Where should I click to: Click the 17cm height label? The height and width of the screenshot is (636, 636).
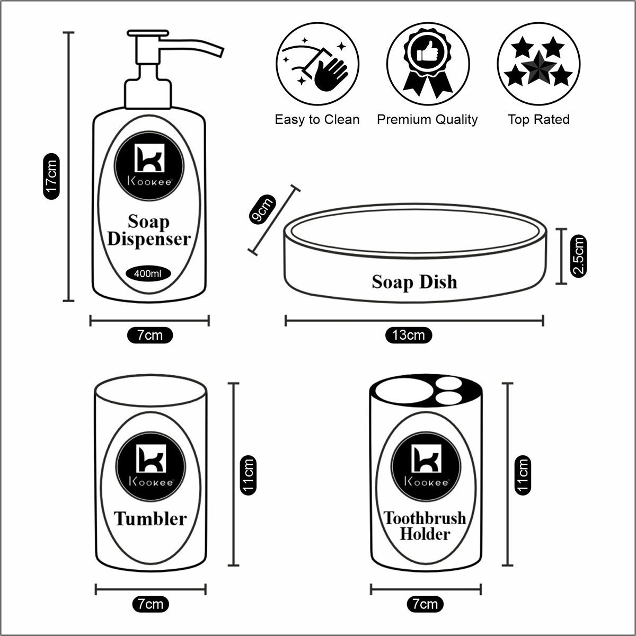click(x=51, y=176)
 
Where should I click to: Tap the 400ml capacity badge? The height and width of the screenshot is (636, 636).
click(x=152, y=274)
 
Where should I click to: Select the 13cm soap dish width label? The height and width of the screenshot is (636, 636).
click(x=409, y=335)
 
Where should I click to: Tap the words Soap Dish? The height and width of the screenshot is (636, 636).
click(x=414, y=281)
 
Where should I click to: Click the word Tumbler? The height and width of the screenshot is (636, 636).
click(x=151, y=518)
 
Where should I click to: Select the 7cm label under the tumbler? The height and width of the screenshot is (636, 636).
click(x=151, y=604)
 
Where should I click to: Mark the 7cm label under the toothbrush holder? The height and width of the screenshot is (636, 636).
click(x=425, y=604)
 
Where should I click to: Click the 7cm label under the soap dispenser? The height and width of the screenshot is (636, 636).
click(x=151, y=335)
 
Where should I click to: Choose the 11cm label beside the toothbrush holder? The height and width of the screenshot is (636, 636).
click(x=523, y=475)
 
